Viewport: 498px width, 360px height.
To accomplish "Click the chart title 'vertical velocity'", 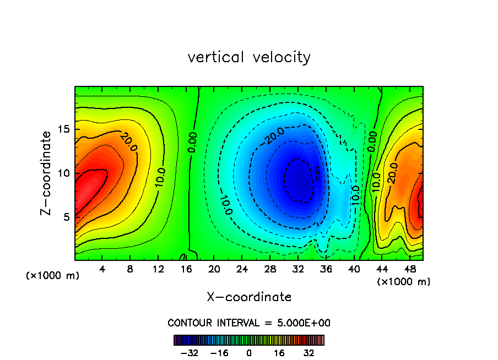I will click(249, 57).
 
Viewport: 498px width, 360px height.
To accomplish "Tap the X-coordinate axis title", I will click(249, 297).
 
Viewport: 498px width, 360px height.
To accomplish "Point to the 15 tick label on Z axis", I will click(63, 129).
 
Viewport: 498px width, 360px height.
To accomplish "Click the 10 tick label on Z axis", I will click(63, 173).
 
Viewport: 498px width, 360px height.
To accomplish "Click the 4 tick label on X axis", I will click(102, 270).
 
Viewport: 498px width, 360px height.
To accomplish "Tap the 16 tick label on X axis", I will click(186, 270).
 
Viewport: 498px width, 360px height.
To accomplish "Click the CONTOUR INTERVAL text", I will click(249, 323).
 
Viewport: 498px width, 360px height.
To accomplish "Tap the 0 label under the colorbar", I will click(249, 353).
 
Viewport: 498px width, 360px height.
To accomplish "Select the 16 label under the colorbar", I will click(279, 353).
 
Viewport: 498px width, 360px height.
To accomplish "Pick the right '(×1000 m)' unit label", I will click(404, 282).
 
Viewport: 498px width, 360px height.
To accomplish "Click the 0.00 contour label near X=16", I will click(192, 142).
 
